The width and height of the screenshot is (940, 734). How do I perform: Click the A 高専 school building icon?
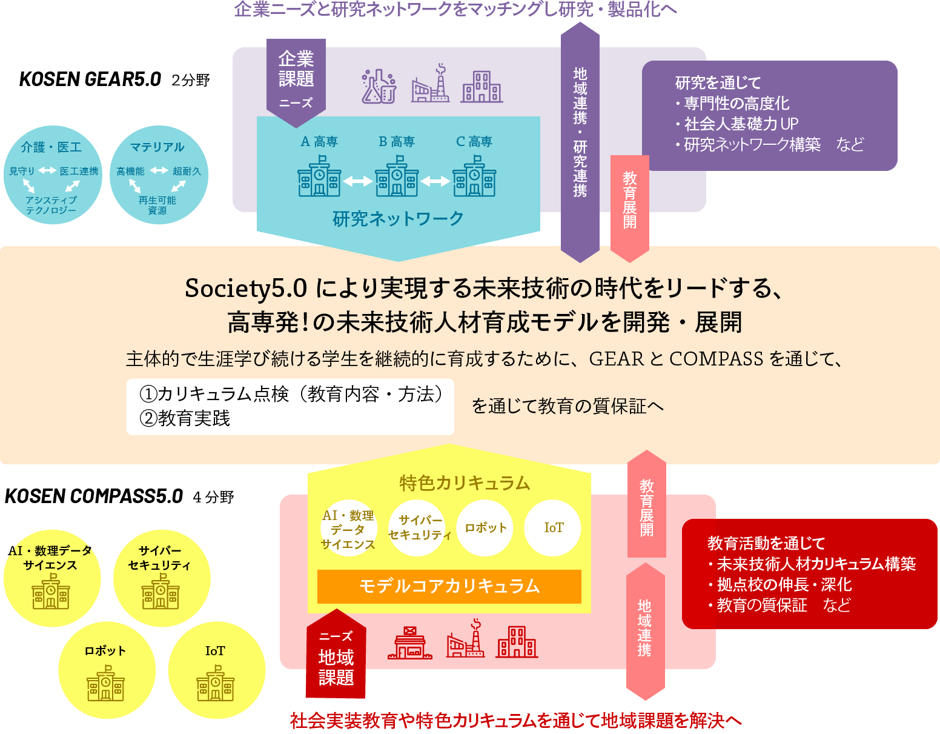pyautogui.click(x=319, y=176)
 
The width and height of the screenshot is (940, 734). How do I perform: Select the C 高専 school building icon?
pyautogui.click(x=474, y=176)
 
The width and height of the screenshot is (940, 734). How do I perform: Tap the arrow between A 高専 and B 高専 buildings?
pyautogui.click(x=358, y=181)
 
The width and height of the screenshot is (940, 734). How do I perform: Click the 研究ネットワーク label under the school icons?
pyautogui.click(x=398, y=219)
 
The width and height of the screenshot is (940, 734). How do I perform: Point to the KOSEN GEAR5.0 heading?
pyautogui.click(x=90, y=79)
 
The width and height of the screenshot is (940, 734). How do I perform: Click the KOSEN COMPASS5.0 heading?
pyautogui.click(x=94, y=496)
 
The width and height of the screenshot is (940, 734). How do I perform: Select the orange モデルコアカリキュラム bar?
pyautogui.click(x=449, y=586)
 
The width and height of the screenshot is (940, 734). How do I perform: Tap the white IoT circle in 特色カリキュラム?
pyautogui.click(x=553, y=528)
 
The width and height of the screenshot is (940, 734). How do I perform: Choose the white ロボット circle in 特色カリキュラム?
pyautogui.click(x=485, y=528)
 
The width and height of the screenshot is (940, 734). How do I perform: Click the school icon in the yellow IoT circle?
pyautogui.click(x=215, y=684)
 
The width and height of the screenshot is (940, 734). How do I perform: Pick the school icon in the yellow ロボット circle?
pyautogui.click(x=105, y=684)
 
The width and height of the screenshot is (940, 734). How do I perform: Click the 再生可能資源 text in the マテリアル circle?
pyautogui.click(x=157, y=205)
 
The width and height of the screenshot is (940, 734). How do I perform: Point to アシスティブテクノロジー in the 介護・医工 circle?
pyautogui.click(x=51, y=205)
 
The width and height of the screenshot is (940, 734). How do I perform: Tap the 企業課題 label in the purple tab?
pyautogui.click(x=296, y=68)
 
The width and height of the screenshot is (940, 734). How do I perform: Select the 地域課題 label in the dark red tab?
pyautogui.click(x=336, y=667)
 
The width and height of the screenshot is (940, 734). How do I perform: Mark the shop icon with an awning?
pyautogui.click(x=410, y=643)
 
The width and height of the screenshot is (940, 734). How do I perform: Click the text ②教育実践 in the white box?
pyautogui.click(x=185, y=419)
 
